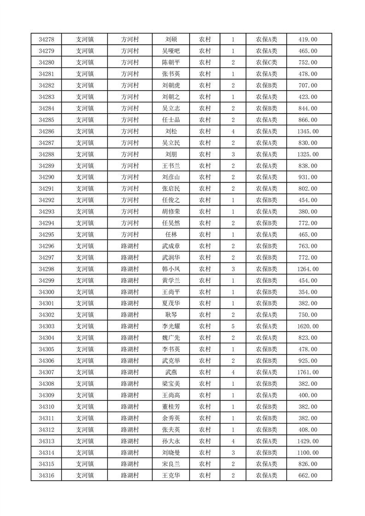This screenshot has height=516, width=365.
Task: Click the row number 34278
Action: [46, 40]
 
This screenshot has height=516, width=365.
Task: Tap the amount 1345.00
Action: [308, 132]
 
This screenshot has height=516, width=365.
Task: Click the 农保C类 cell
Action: [267, 63]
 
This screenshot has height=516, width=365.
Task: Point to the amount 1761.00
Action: [308, 372]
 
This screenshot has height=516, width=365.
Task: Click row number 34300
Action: [46, 292]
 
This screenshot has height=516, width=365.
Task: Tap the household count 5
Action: [233, 326]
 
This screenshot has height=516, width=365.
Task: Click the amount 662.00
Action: [308, 476]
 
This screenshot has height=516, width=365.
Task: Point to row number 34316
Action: [46, 476]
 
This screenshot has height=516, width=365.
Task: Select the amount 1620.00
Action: [308, 326]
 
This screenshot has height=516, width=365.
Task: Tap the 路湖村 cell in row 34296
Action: [130, 246]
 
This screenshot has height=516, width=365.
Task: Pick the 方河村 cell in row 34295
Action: [130, 235]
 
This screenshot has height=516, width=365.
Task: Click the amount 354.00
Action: [308, 292]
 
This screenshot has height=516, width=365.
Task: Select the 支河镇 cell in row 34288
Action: [85, 154]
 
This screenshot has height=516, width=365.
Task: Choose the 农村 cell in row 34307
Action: [205, 372]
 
